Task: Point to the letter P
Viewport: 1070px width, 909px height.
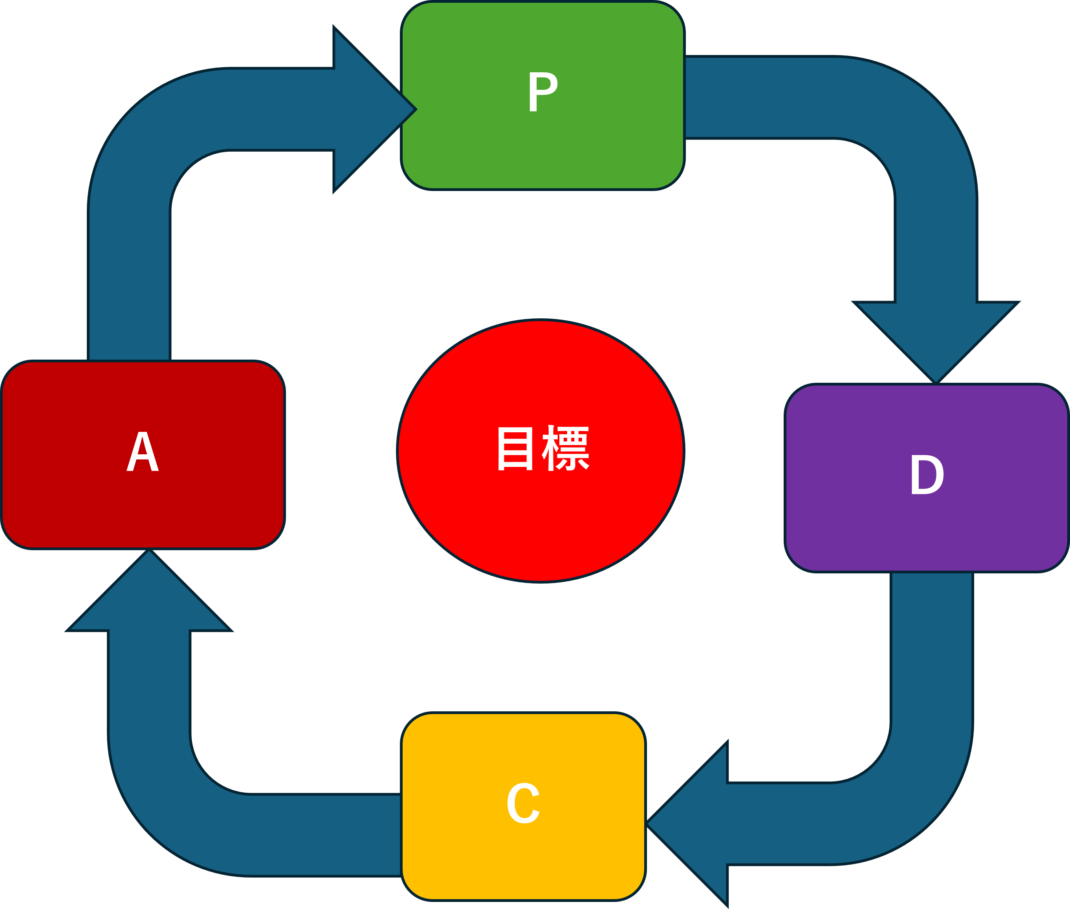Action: click(543, 92)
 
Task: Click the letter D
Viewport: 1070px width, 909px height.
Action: click(927, 475)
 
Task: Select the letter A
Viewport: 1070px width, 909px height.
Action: click(143, 452)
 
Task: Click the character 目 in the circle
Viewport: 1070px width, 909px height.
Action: click(515, 448)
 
